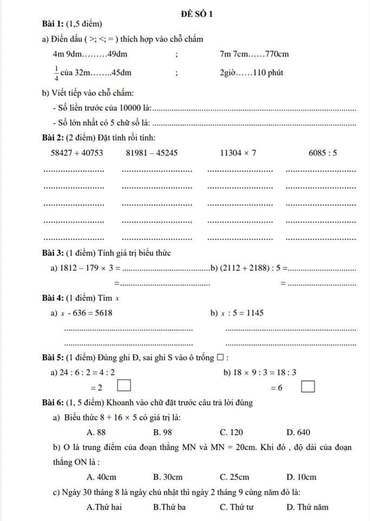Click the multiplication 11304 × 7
tap(238, 153)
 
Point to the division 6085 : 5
tap(323, 153)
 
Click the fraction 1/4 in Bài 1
tap(56, 73)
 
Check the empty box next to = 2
tap(125, 386)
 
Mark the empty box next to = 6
tap(308, 387)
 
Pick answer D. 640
tap(298, 432)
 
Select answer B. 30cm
tap(168, 477)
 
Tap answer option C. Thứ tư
tap(237, 507)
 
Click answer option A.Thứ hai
tap(104, 507)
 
